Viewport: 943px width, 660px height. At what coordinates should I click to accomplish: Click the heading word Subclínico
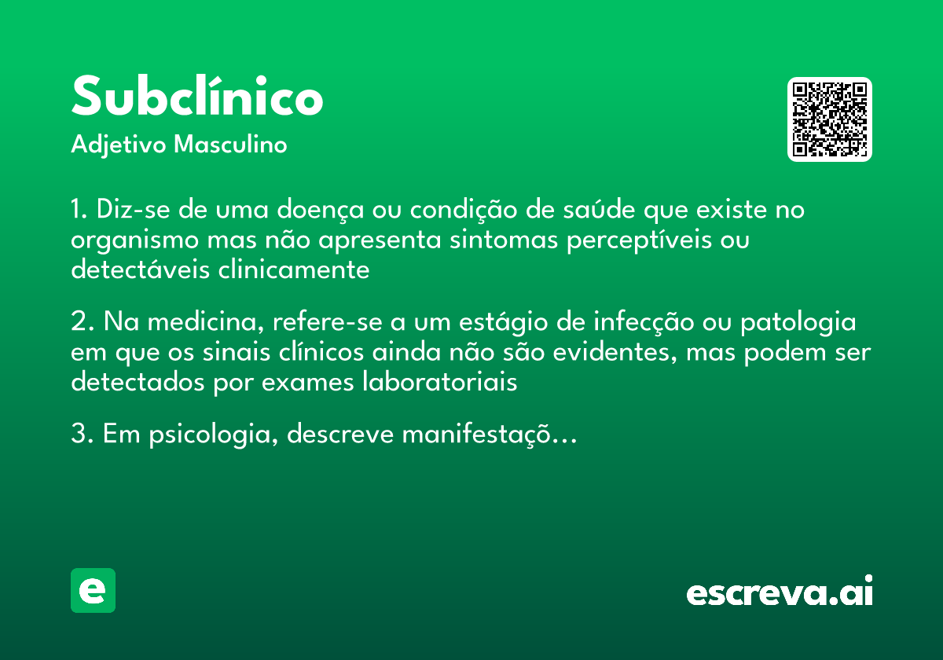point(197,97)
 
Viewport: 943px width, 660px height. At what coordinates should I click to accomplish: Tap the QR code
point(830,119)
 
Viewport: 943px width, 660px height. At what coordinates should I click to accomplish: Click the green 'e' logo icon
point(93,590)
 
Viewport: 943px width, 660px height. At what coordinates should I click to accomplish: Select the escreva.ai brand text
point(780,592)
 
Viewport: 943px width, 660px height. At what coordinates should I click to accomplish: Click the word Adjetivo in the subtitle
point(119,145)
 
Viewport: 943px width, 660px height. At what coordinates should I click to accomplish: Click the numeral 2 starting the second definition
point(78,323)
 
